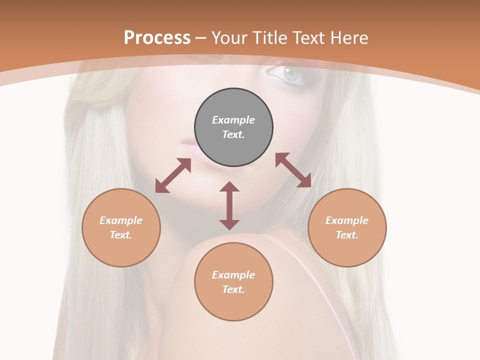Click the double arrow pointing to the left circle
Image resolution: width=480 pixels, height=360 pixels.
coord(173,175)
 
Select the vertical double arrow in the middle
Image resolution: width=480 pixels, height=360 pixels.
coord(229,205)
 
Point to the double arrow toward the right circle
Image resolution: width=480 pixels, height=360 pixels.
coord(293,170)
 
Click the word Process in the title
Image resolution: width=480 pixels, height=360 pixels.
coord(157,37)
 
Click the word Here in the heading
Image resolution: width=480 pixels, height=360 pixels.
coord(348,37)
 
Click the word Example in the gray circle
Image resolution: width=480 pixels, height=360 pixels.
coord(233,120)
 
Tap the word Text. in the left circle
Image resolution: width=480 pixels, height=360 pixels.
coord(121,235)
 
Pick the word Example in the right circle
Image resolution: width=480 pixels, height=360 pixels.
coord(347,220)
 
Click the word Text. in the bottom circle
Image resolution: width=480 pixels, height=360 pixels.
coord(233,289)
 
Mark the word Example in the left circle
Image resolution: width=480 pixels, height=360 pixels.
coord(121,220)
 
